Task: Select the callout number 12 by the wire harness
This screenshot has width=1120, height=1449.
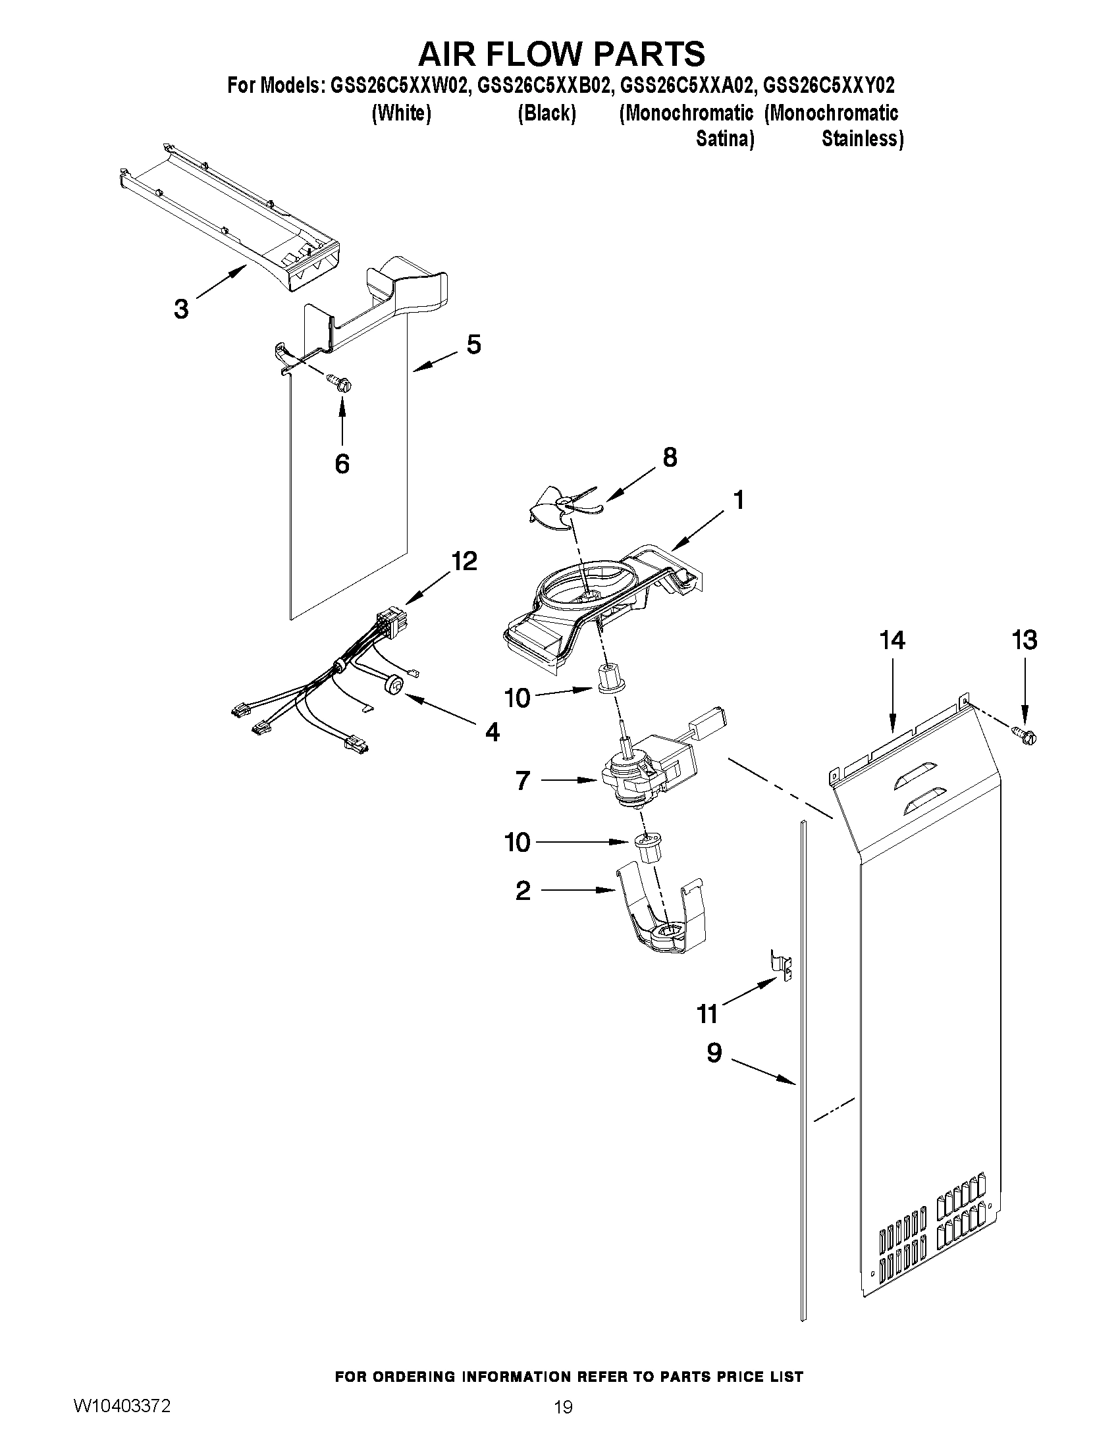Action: point(464,562)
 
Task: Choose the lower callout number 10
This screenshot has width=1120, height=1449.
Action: point(518,843)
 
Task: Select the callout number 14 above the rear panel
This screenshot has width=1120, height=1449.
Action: point(892,641)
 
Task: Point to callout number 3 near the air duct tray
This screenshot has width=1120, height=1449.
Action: point(181,309)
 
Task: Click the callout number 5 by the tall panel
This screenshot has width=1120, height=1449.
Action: point(473,344)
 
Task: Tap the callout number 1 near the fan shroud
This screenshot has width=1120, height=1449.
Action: point(739,500)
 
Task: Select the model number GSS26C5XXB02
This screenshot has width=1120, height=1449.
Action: point(543,86)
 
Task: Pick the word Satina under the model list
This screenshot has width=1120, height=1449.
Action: point(724,140)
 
